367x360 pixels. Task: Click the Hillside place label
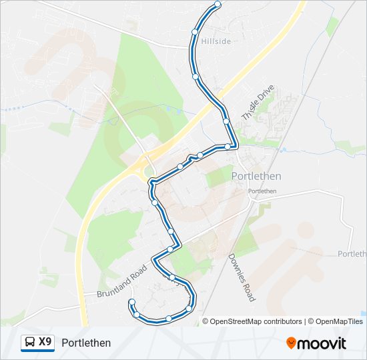(216, 41)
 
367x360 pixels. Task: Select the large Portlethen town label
(256, 176)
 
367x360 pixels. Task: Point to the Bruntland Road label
(121, 281)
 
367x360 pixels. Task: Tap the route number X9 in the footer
(45, 342)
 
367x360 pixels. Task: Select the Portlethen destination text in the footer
(86, 343)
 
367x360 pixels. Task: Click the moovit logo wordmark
(322, 343)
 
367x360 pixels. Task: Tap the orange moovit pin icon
(292, 343)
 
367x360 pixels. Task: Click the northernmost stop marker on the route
(218, 5)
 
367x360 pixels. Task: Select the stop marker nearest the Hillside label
(195, 31)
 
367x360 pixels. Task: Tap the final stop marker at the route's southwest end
(131, 303)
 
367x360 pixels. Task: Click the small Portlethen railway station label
(262, 191)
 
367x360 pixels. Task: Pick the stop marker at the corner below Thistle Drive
(228, 146)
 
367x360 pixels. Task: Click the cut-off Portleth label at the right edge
(352, 254)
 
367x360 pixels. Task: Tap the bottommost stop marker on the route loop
(169, 319)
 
